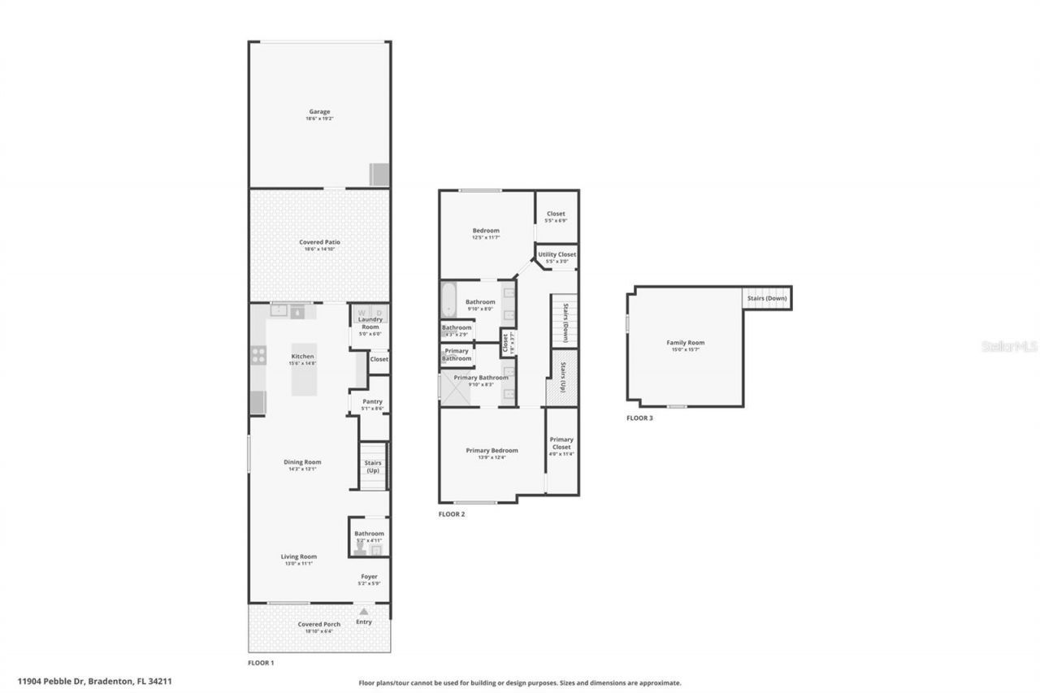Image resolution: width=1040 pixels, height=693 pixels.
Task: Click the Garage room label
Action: click(x=319, y=112)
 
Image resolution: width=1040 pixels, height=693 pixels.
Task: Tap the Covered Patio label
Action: click(x=319, y=242)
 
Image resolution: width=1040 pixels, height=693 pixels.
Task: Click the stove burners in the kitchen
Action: click(x=258, y=354)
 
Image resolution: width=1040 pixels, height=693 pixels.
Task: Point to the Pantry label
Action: click(x=371, y=401)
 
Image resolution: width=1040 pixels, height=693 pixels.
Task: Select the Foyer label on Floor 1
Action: click(x=368, y=577)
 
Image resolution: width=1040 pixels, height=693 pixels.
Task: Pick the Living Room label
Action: click(x=299, y=557)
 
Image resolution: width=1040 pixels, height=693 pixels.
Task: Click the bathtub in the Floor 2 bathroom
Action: click(x=449, y=300)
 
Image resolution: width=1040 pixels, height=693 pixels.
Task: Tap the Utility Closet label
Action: click(x=557, y=254)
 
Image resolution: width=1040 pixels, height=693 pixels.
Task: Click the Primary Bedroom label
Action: click(x=492, y=450)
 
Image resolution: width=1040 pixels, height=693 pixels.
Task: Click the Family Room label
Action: click(x=685, y=343)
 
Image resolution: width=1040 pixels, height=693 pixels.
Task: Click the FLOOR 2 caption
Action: click(x=452, y=514)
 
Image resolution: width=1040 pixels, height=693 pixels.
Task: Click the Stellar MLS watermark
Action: click(x=1008, y=346)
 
